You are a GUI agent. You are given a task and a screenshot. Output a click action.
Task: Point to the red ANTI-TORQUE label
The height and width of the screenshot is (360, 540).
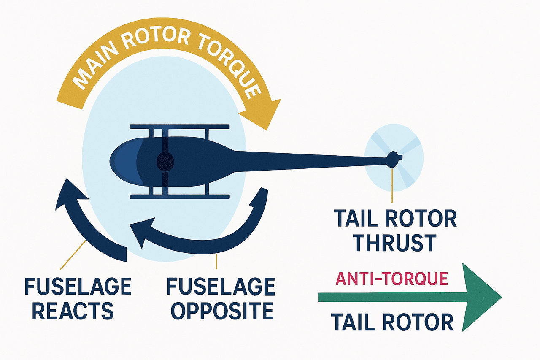pos(392,279)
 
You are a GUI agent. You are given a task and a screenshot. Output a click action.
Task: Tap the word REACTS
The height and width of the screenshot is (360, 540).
pos(73,311)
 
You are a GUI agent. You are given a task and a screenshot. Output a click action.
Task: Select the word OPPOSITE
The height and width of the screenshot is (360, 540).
pos(222,311)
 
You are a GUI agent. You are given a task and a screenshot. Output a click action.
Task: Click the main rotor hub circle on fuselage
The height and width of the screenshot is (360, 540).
pos(165,162)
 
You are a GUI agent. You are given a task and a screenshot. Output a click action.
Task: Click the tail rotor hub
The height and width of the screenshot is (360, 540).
pos(393,160)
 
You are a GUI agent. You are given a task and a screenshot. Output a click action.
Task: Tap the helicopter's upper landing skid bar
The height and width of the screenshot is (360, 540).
pos(180,127)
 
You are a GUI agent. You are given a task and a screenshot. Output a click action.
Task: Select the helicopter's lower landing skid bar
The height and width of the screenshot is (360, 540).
pos(180,197)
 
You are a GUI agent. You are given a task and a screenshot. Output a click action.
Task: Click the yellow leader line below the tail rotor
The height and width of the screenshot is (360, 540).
pos(392,185)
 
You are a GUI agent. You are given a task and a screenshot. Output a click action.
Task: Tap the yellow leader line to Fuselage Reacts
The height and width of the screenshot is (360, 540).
pos(73,255)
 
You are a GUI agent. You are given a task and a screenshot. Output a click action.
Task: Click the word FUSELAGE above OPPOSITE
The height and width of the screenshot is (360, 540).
pos(221,287)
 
